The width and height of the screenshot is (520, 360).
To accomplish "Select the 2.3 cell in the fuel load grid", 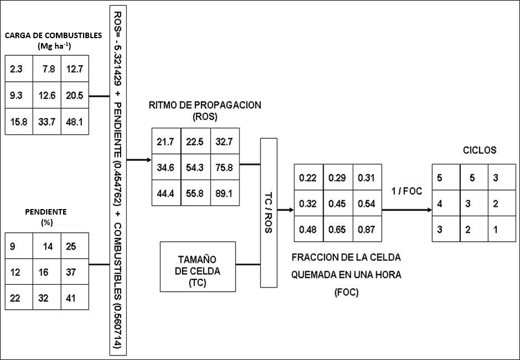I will click(16, 70).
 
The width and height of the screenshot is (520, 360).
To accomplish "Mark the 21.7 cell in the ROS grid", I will click(165, 142).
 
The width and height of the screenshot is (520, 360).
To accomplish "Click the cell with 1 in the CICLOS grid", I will click(496, 228).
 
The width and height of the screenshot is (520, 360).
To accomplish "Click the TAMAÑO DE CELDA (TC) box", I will click(197, 267).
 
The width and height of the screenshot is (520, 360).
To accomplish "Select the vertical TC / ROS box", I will click(268, 212).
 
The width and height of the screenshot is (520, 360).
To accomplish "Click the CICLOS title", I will click(479, 149).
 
